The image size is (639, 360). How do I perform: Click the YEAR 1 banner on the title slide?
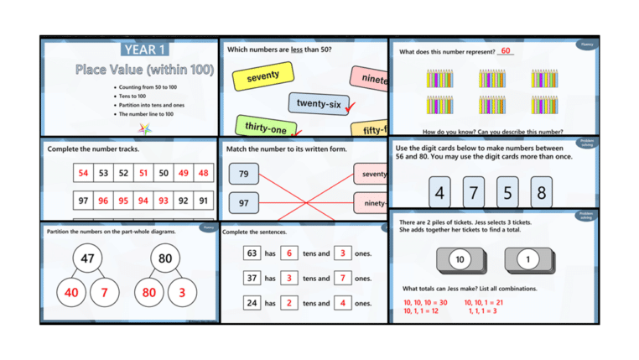point(143,50)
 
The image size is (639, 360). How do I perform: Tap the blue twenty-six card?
point(319,103)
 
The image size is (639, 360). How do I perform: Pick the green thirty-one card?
point(265,128)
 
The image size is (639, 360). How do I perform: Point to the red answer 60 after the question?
point(506,51)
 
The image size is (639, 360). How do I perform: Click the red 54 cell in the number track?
point(83,174)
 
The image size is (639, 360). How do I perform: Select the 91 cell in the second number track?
point(204,201)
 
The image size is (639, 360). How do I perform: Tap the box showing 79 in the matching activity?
point(243,175)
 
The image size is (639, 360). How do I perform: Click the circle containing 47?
point(87,258)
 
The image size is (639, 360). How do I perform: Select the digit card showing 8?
point(541,192)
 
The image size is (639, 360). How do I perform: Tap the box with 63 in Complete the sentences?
point(252,253)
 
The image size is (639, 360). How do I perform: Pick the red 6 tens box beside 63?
point(289,253)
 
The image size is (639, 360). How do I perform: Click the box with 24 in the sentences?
point(252,303)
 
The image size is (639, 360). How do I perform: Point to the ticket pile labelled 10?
point(459,260)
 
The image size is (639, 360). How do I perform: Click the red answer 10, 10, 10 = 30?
point(425,302)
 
